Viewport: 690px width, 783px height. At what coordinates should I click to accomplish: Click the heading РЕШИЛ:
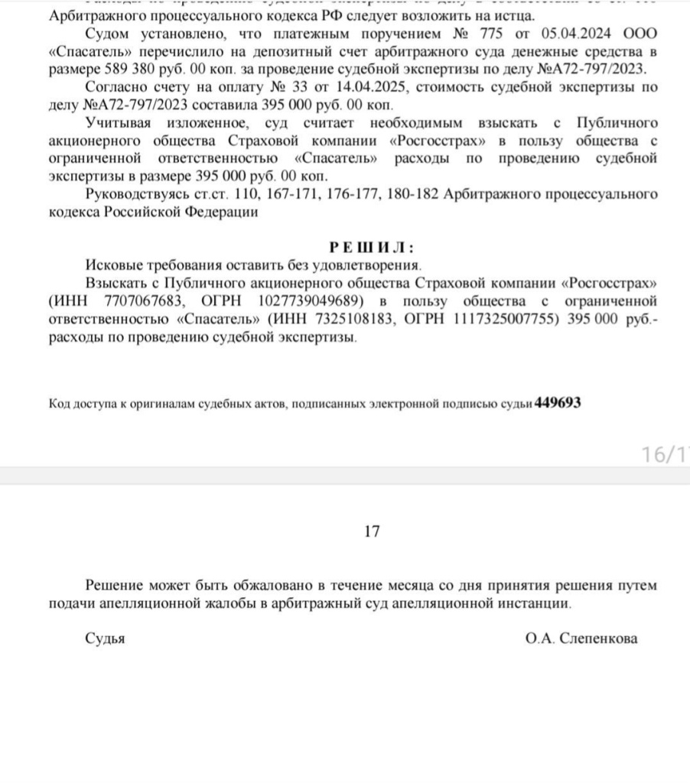(x=372, y=248)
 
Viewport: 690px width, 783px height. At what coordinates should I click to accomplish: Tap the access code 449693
(x=558, y=403)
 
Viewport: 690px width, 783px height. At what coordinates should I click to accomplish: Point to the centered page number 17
(x=373, y=531)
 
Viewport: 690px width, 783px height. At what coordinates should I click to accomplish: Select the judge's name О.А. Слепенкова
(x=581, y=638)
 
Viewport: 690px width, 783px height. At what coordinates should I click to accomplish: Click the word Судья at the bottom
(x=105, y=638)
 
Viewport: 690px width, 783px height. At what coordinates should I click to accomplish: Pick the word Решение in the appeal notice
(x=115, y=586)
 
